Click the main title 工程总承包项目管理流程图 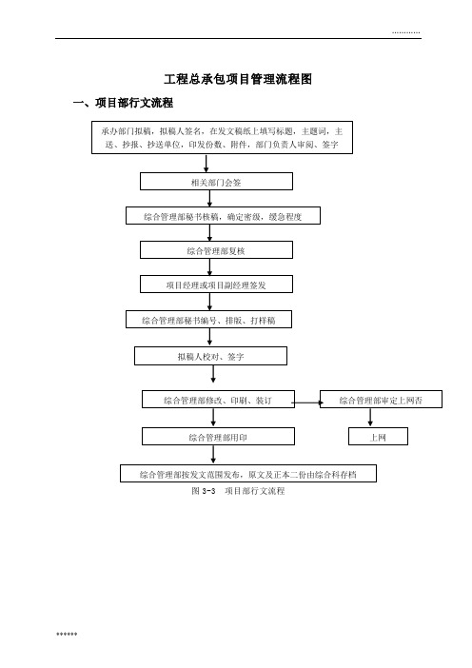[238, 79]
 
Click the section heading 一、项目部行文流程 [123, 103]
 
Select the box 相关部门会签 [216, 182]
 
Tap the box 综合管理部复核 [216, 250]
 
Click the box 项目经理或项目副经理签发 [216, 285]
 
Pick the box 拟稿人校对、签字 [211, 356]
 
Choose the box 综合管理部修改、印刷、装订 [218, 399]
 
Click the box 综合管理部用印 [218, 436]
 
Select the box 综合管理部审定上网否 [381, 399]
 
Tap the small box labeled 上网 [379, 436]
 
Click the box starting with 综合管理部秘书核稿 [223, 216]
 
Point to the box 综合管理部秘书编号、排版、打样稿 [208, 319]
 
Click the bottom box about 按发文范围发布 [248, 473]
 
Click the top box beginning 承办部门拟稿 [222, 137]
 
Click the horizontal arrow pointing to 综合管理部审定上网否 [307, 403]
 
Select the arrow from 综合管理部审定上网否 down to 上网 [370, 418]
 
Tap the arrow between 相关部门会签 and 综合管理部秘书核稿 [209, 199]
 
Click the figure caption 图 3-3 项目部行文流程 [238, 491]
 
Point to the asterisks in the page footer [67, 634]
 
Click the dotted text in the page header [406, 32]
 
